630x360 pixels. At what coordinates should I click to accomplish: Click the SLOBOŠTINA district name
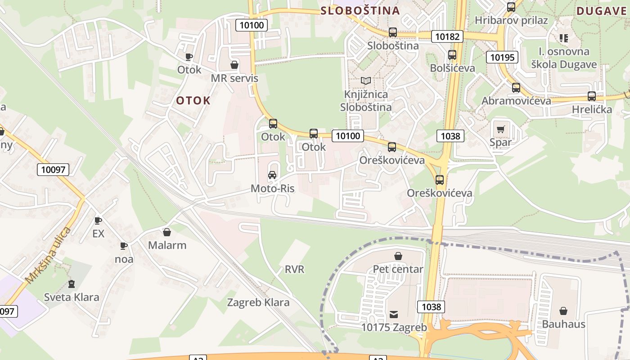[360, 10]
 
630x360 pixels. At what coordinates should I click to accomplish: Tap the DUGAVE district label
[602, 11]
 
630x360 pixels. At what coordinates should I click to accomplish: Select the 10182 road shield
[447, 36]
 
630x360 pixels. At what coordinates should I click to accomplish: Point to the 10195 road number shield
[502, 57]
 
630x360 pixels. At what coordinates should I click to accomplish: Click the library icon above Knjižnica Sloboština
[366, 81]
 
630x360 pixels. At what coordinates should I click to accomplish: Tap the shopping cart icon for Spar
[500, 130]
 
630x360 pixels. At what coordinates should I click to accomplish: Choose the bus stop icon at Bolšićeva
[452, 55]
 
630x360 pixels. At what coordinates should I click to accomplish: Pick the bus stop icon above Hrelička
[592, 96]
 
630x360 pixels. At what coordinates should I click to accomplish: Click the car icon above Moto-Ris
[272, 175]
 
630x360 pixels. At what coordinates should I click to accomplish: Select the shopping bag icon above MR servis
[234, 65]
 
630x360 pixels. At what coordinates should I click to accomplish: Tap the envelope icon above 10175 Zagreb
[394, 314]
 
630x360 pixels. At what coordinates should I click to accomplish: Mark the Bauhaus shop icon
[563, 311]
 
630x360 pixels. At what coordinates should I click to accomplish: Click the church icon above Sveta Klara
[71, 284]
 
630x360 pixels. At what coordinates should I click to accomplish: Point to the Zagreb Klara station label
[258, 302]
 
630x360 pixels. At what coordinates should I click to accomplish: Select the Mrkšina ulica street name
[48, 255]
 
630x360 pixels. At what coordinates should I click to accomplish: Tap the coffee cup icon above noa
[124, 246]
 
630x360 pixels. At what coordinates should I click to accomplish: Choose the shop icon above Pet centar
[398, 256]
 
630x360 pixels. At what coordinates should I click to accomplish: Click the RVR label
[294, 270]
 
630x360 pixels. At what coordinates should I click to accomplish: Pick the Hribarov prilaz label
[511, 20]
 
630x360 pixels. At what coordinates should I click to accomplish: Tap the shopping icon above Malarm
[167, 232]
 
